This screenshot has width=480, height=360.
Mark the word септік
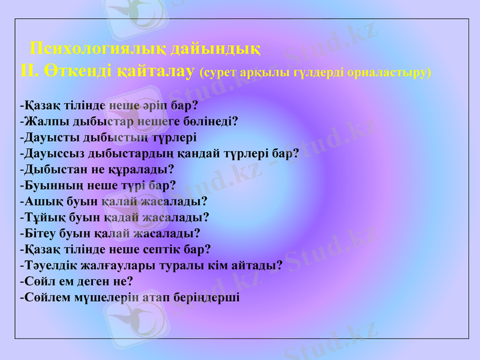tap(158, 248)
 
